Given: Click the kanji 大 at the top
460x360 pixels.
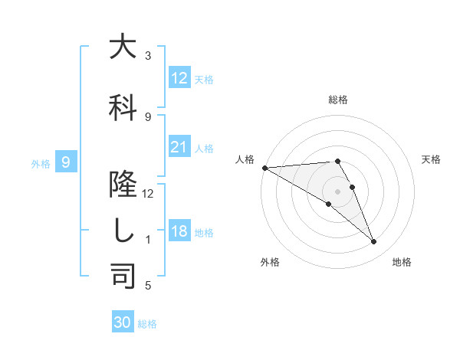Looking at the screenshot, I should (123, 47).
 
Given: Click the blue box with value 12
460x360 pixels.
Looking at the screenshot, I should (179, 78).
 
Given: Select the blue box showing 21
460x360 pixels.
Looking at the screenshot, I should (179, 147).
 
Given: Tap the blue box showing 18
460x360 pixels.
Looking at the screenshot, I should (179, 231).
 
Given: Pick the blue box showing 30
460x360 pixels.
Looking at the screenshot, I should (123, 322).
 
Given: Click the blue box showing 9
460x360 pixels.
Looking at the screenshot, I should (67, 162).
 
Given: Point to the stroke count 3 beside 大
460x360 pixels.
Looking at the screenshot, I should (148, 56).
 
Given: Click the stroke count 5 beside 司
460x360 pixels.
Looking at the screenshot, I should (148, 286).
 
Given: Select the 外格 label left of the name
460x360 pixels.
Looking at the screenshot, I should (40, 163).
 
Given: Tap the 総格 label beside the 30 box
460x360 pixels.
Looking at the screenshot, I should (147, 324).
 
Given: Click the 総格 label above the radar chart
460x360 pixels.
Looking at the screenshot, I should (337, 100).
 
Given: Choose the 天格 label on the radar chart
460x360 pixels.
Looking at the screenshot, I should (431, 159).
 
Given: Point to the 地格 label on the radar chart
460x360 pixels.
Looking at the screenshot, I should (402, 262).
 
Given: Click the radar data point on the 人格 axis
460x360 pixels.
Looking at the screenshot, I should (264, 167).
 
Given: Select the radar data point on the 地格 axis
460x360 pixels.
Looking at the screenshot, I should (373, 242).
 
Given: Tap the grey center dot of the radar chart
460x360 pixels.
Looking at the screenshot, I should (337, 191).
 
